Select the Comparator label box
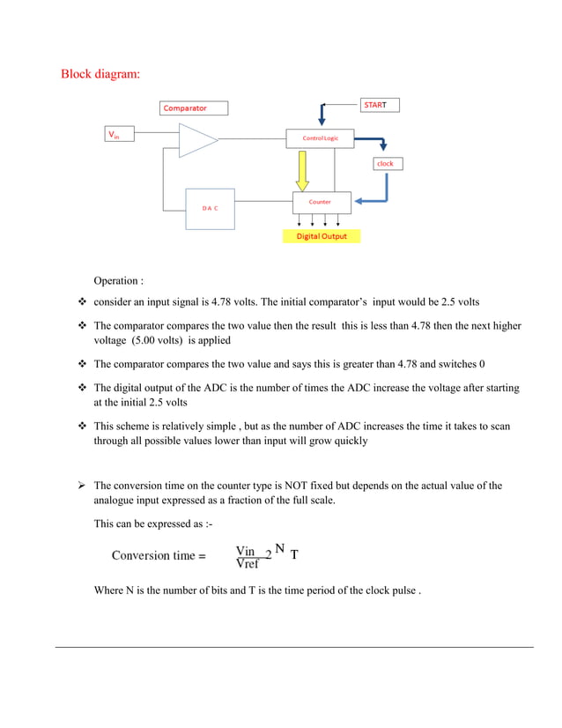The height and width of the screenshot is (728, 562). (194, 108)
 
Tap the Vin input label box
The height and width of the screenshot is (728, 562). (120, 136)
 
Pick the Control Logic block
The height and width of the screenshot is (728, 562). (320, 138)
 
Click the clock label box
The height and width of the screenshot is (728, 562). (386, 164)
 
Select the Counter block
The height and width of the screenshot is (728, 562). (320, 203)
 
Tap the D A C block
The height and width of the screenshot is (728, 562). (210, 209)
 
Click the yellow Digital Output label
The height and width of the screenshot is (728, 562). (322, 236)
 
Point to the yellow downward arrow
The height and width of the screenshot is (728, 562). (302, 169)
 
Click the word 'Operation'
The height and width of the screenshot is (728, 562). (115, 281)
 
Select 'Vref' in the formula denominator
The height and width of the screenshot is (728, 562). (248, 563)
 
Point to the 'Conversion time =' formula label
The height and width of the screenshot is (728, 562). (159, 556)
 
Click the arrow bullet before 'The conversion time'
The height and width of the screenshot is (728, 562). (79, 486)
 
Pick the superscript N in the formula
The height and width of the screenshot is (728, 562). (279, 548)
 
